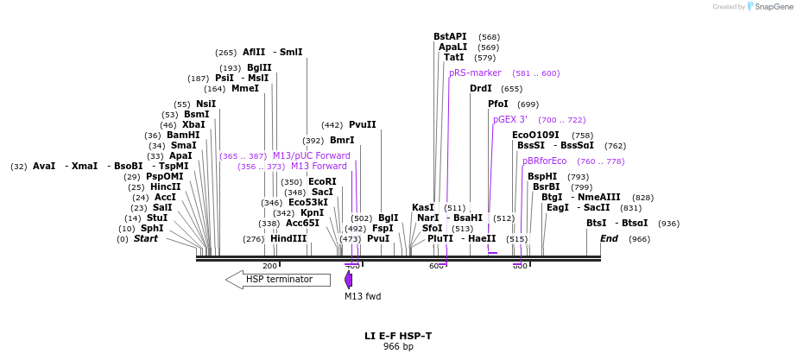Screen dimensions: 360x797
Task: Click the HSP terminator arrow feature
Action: pos(278,280)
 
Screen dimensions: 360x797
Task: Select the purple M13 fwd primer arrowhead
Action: pos(348,280)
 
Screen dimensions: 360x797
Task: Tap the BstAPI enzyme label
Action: pos(450,37)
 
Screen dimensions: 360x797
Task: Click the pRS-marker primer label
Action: pos(475,73)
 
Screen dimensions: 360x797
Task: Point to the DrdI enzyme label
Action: pos(481,89)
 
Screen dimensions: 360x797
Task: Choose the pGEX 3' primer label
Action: pos(510,120)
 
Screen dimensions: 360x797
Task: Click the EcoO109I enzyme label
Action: pos(535,136)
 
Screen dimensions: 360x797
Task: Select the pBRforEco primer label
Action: pos(544,161)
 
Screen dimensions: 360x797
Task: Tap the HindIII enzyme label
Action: pos(288,239)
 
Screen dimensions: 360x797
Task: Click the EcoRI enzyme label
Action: pos(322,182)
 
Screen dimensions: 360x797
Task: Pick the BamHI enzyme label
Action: pos(183,136)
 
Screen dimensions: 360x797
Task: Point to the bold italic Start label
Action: pos(146,239)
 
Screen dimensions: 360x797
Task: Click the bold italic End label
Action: pos(609,239)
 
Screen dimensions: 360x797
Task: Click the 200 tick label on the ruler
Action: pos(269,266)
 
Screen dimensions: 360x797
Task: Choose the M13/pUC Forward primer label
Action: pos(312,156)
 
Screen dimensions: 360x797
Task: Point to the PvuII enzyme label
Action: pos(363,125)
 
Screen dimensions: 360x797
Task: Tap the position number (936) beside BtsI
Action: pos(668,224)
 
